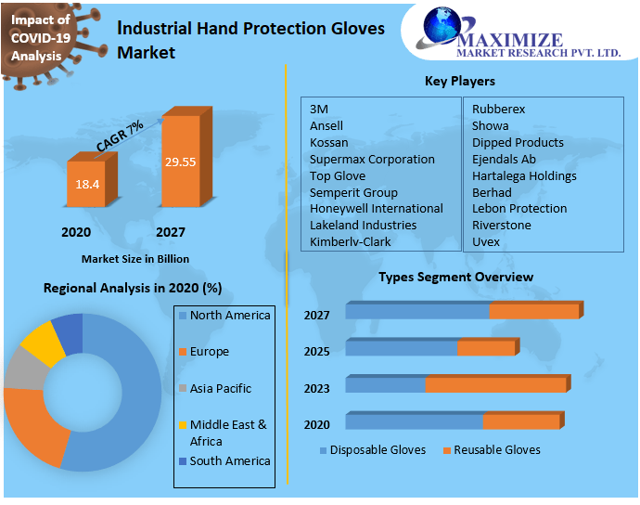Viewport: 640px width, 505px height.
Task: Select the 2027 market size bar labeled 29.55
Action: (x=180, y=162)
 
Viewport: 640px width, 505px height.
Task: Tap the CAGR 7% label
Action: (x=120, y=136)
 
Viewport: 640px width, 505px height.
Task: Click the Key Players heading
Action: (x=459, y=81)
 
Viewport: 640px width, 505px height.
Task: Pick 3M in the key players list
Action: (x=319, y=109)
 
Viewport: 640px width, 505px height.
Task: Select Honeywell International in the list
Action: (x=376, y=208)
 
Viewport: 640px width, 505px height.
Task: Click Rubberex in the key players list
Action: (x=498, y=109)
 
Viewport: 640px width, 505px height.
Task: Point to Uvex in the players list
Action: (x=485, y=241)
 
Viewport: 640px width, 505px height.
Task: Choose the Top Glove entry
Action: (x=338, y=175)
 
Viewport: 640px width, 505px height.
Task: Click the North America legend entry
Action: (x=229, y=316)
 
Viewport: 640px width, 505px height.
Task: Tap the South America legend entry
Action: (x=229, y=460)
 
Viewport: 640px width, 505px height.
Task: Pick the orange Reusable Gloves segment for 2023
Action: (x=495, y=384)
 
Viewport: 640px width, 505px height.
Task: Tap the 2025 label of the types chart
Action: (x=316, y=352)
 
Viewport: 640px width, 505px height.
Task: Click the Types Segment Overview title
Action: (x=455, y=277)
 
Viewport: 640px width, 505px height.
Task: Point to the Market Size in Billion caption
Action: (x=134, y=259)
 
